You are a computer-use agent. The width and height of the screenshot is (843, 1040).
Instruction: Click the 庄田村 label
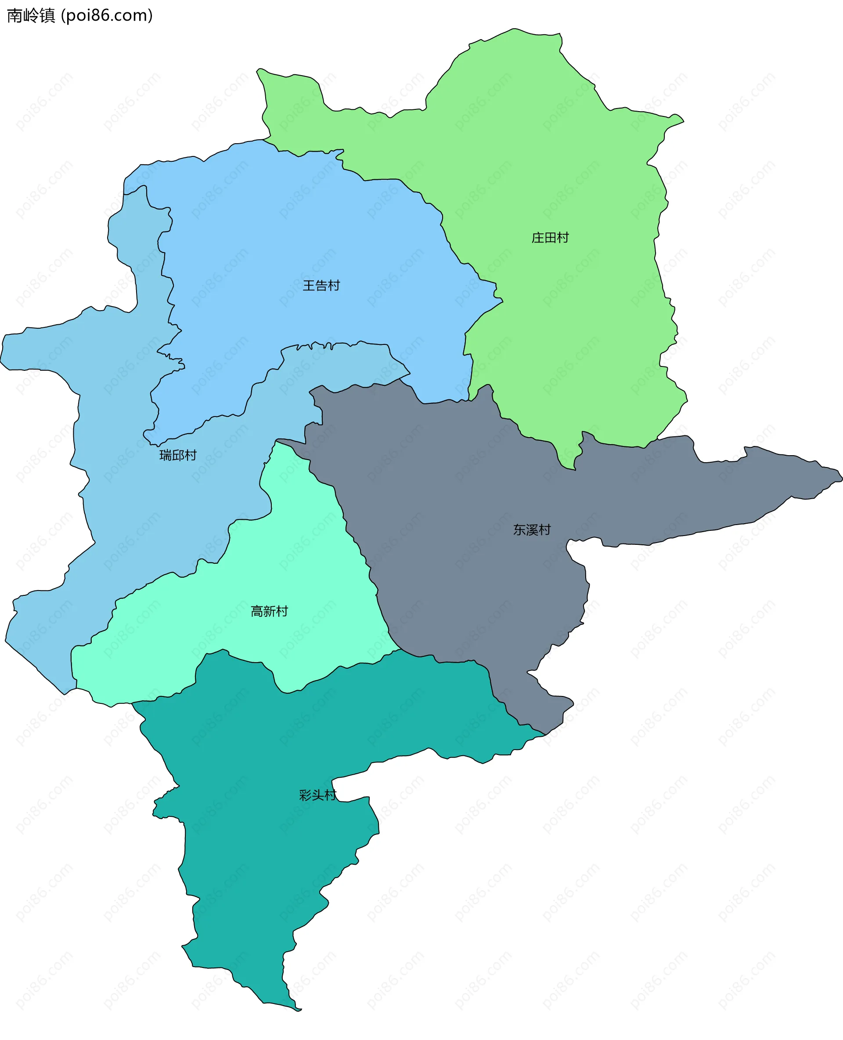point(550,238)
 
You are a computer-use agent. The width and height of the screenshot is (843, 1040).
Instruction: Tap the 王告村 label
point(321,285)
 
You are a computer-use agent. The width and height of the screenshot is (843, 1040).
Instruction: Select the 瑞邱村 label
point(178,455)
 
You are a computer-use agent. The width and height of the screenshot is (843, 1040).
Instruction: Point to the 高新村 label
point(269,611)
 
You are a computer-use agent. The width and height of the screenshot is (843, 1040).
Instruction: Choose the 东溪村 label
point(532,530)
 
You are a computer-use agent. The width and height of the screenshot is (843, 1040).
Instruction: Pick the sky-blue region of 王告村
point(292,219)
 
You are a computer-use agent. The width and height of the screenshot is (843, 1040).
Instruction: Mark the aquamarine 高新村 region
point(292,559)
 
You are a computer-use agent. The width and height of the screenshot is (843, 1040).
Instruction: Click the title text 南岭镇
point(31,15)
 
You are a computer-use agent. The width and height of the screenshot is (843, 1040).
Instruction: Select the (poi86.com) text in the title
point(107,15)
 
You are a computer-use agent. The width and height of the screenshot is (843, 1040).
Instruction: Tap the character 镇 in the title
point(47,15)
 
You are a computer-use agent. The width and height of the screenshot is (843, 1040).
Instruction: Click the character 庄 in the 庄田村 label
point(537,238)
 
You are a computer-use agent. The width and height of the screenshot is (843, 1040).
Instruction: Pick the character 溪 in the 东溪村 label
point(532,530)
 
